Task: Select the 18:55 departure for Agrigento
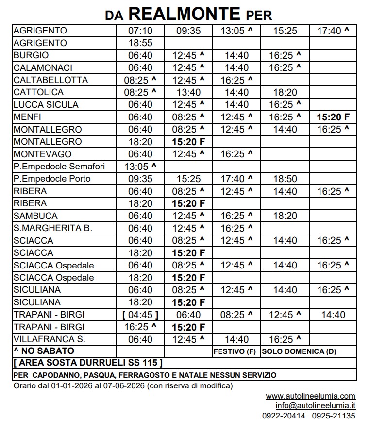click(140, 43)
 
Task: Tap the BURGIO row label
click(32, 55)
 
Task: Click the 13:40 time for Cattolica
click(188, 92)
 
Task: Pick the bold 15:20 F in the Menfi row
click(333, 117)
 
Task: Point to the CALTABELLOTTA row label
click(51, 80)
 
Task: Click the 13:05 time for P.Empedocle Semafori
click(140, 167)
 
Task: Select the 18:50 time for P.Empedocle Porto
click(285, 179)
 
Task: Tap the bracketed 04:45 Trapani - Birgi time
click(140, 315)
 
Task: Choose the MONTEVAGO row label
click(43, 154)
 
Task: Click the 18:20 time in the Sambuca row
click(285, 216)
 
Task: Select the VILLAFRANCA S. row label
click(50, 339)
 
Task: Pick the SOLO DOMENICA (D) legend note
click(299, 351)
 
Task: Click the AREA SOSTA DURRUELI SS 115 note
click(88, 363)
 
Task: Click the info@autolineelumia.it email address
click(316, 406)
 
